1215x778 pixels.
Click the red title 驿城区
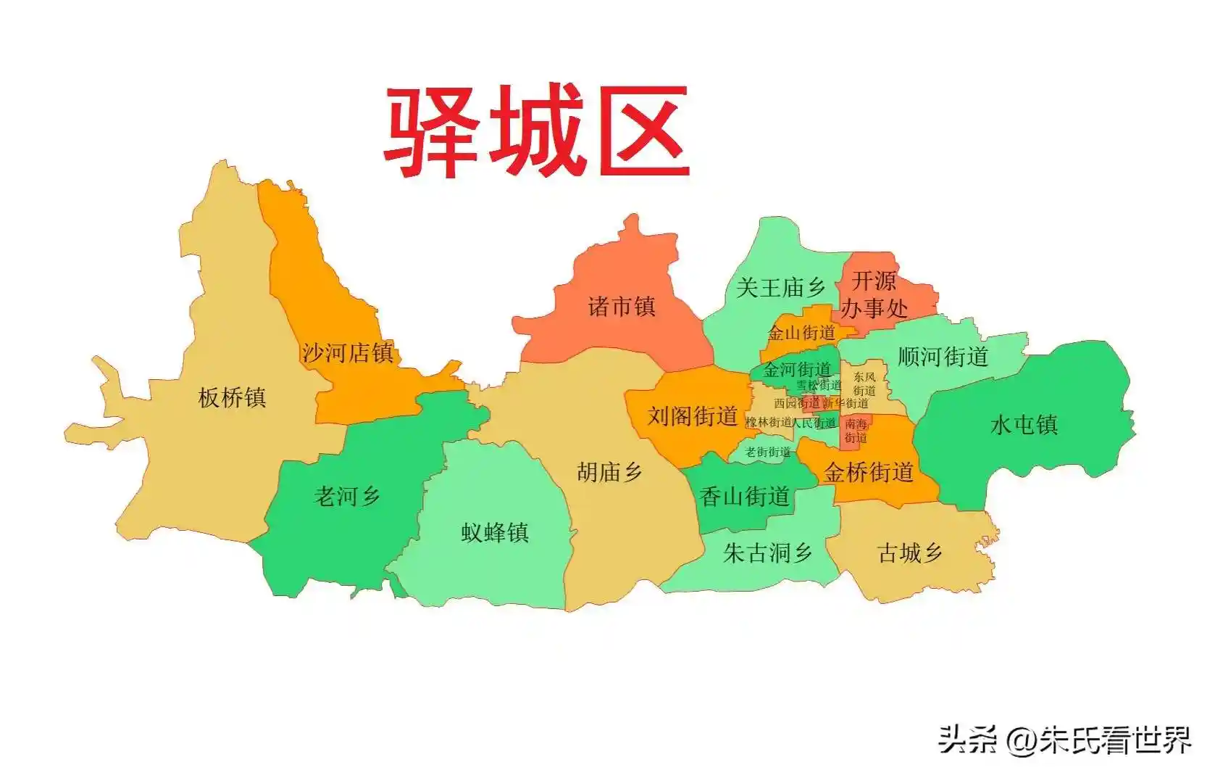coord(536,132)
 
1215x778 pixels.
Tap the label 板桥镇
coord(232,397)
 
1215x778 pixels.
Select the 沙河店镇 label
coord(348,353)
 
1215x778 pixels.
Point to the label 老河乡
coord(347,497)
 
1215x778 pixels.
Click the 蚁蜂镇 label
coord(495,533)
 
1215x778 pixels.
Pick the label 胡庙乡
coord(609,472)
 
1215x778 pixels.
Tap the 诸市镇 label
coord(622,307)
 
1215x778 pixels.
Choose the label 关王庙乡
coord(780,288)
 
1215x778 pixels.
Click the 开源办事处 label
coord(874,294)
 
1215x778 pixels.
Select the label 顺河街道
coord(943,357)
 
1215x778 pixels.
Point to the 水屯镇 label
coord(1024,424)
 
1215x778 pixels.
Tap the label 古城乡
coord(910,553)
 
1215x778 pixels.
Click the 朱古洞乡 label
coord(767,553)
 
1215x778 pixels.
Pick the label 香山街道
coord(745,497)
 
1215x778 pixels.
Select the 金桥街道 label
coord(868,473)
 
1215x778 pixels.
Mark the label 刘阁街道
coord(692,416)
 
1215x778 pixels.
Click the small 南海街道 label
coord(856,431)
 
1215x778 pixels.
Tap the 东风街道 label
coord(864,384)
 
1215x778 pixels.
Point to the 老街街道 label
coord(768,452)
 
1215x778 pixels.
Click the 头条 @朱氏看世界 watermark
coord(1064,740)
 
